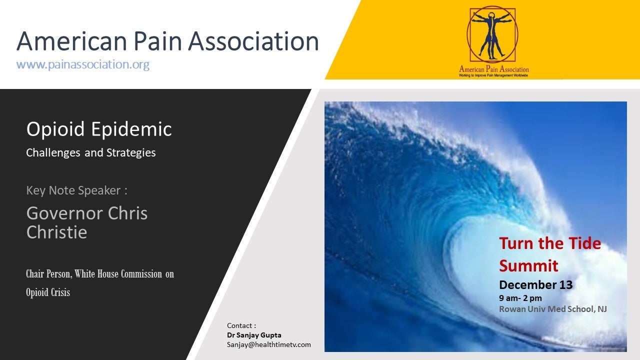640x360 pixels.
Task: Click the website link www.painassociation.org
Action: point(83,64)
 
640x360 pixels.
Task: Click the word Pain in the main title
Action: point(157,41)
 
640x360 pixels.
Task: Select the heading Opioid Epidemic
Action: point(99,129)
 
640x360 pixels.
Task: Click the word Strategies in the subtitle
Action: point(131,153)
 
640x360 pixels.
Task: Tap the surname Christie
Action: point(56,231)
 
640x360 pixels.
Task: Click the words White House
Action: point(96,274)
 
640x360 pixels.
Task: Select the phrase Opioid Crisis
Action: point(48,292)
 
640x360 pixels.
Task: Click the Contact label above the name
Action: point(241,325)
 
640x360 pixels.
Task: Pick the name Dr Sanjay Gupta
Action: point(254,335)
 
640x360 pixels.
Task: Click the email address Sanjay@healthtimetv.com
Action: point(269,344)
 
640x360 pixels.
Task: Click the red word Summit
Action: point(528,266)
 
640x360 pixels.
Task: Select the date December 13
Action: point(536,285)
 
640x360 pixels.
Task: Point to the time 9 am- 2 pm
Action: point(520,298)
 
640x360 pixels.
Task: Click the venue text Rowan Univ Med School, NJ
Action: point(553,309)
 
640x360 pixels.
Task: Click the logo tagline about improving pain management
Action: point(493,75)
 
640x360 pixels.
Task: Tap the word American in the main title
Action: point(71,41)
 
